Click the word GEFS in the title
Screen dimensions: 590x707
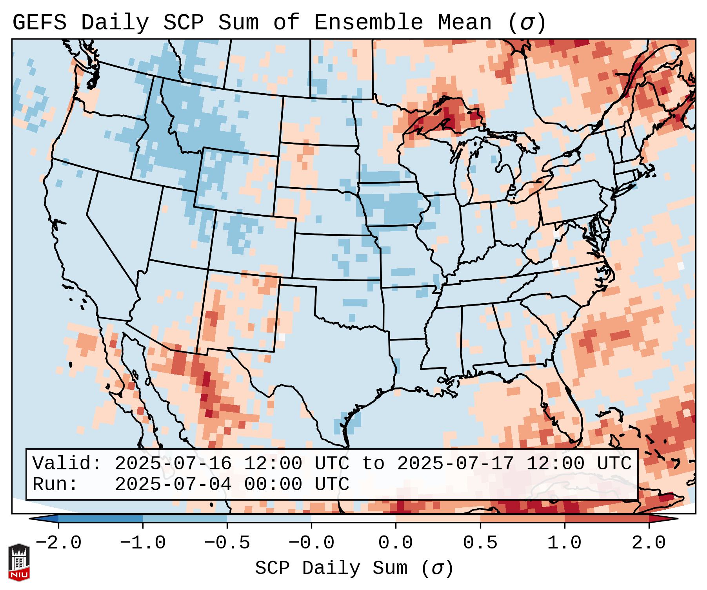[40, 23]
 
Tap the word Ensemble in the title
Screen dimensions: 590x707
[368, 23]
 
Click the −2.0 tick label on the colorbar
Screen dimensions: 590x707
[58, 543]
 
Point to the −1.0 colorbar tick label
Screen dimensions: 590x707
[143, 543]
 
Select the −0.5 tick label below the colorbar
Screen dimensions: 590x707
[227, 543]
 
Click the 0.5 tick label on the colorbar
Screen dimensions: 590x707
[480, 543]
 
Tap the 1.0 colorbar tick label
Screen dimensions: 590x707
[564, 543]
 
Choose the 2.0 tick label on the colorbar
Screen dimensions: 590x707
[649, 543]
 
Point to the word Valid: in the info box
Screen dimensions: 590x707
[67, 464]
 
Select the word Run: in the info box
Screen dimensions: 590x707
[55, 485]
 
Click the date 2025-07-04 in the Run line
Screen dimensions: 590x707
[173, 485]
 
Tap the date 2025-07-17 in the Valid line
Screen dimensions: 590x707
[455, 464]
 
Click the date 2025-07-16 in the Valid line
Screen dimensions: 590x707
[173, 464]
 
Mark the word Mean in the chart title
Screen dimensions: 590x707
[464, 23]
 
